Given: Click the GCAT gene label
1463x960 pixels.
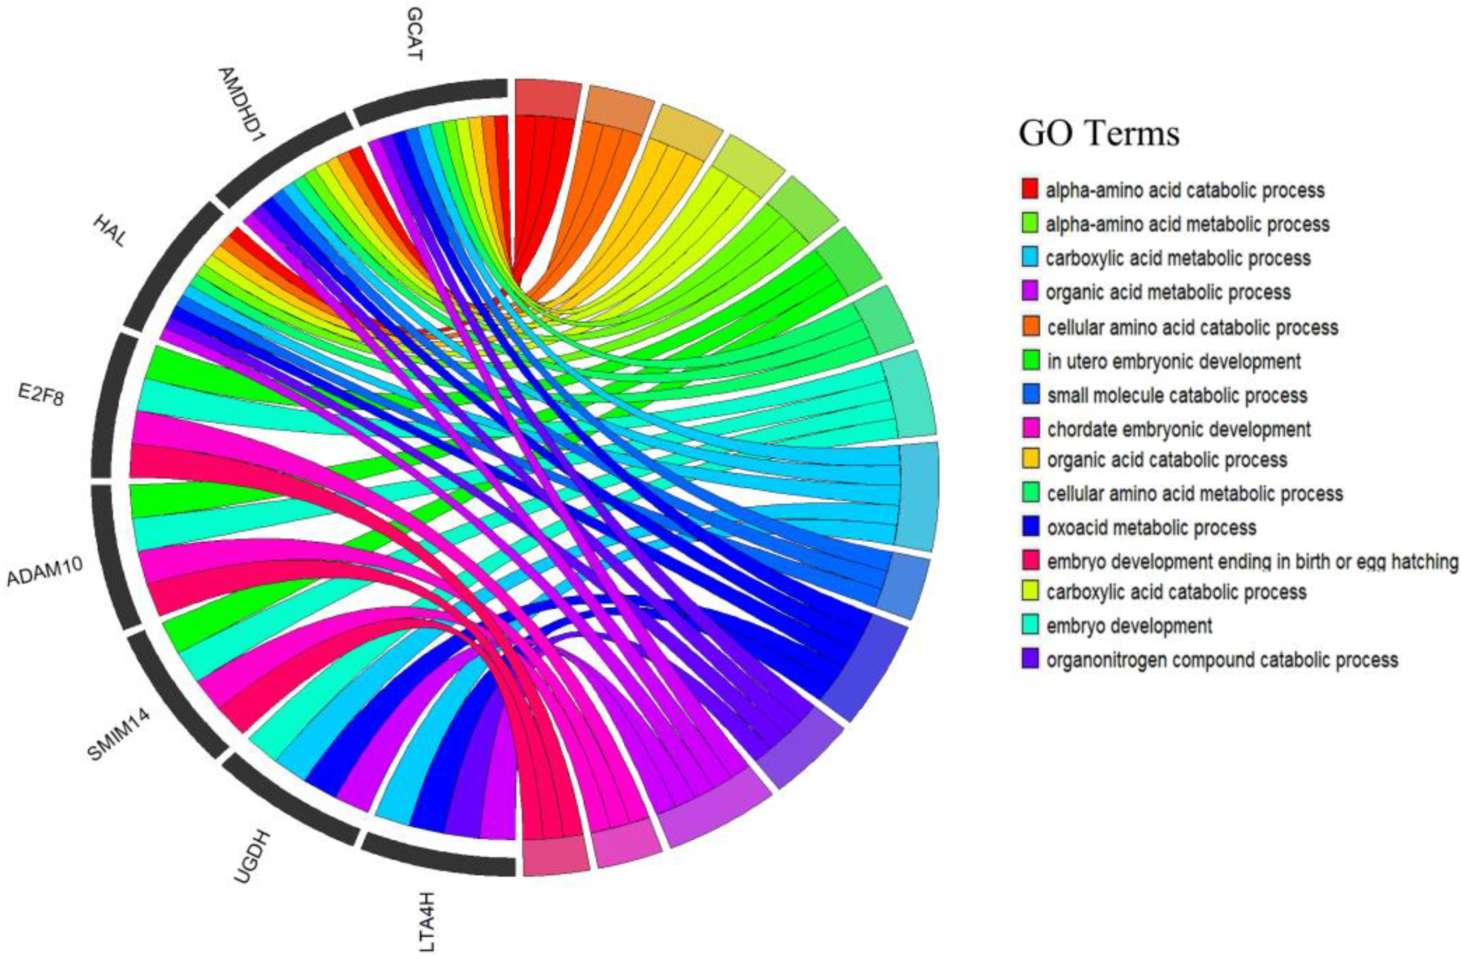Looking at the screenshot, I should pos(415,34).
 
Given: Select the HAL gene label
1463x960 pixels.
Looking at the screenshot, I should pos(109,230).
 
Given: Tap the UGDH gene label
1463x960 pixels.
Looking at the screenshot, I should pos(253,857).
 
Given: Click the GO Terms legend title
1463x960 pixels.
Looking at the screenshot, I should pos(1099,133).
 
